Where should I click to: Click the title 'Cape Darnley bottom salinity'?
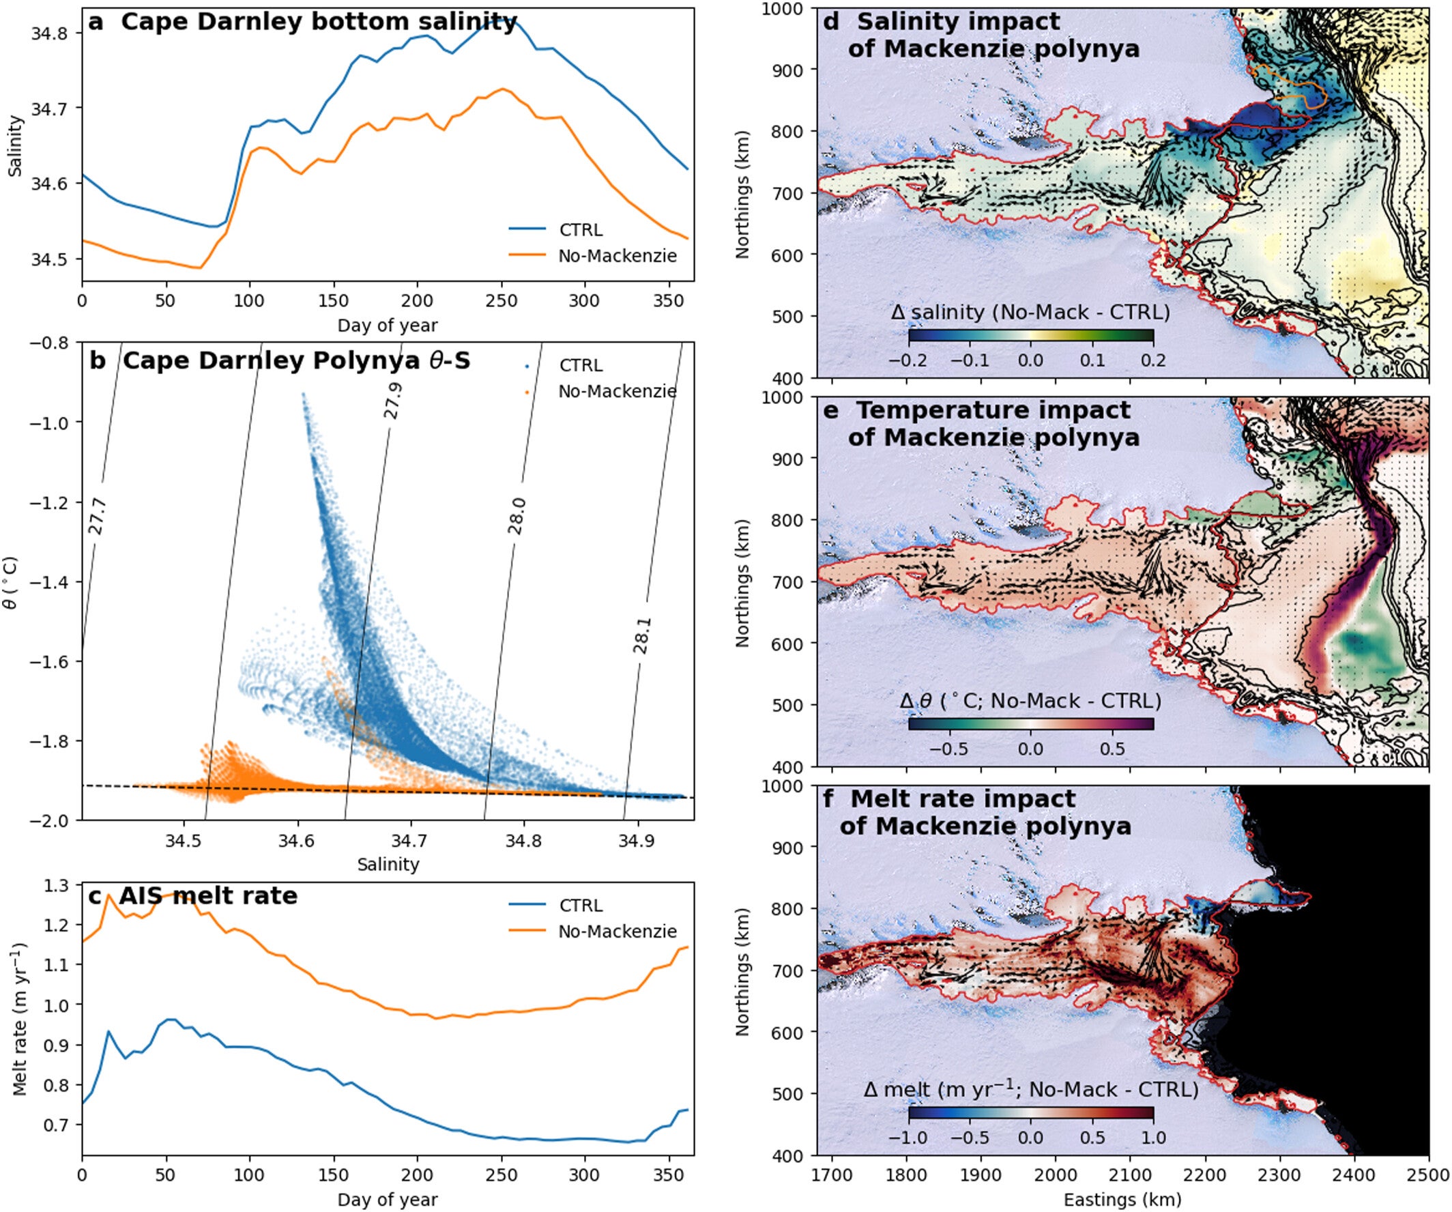(318, 22)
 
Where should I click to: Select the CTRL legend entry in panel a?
(580, 229)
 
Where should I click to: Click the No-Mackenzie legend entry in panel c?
(617, 932)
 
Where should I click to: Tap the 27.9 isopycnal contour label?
(392, 401)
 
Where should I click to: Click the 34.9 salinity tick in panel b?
(637, 841)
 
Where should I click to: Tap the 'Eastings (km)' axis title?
(1122, 1200)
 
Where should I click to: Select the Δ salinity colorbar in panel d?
(1030, 335)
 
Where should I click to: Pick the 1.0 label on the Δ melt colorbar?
(1152, 1138)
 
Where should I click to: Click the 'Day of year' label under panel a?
(387, 325)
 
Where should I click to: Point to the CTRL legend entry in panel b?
(580, 365)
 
